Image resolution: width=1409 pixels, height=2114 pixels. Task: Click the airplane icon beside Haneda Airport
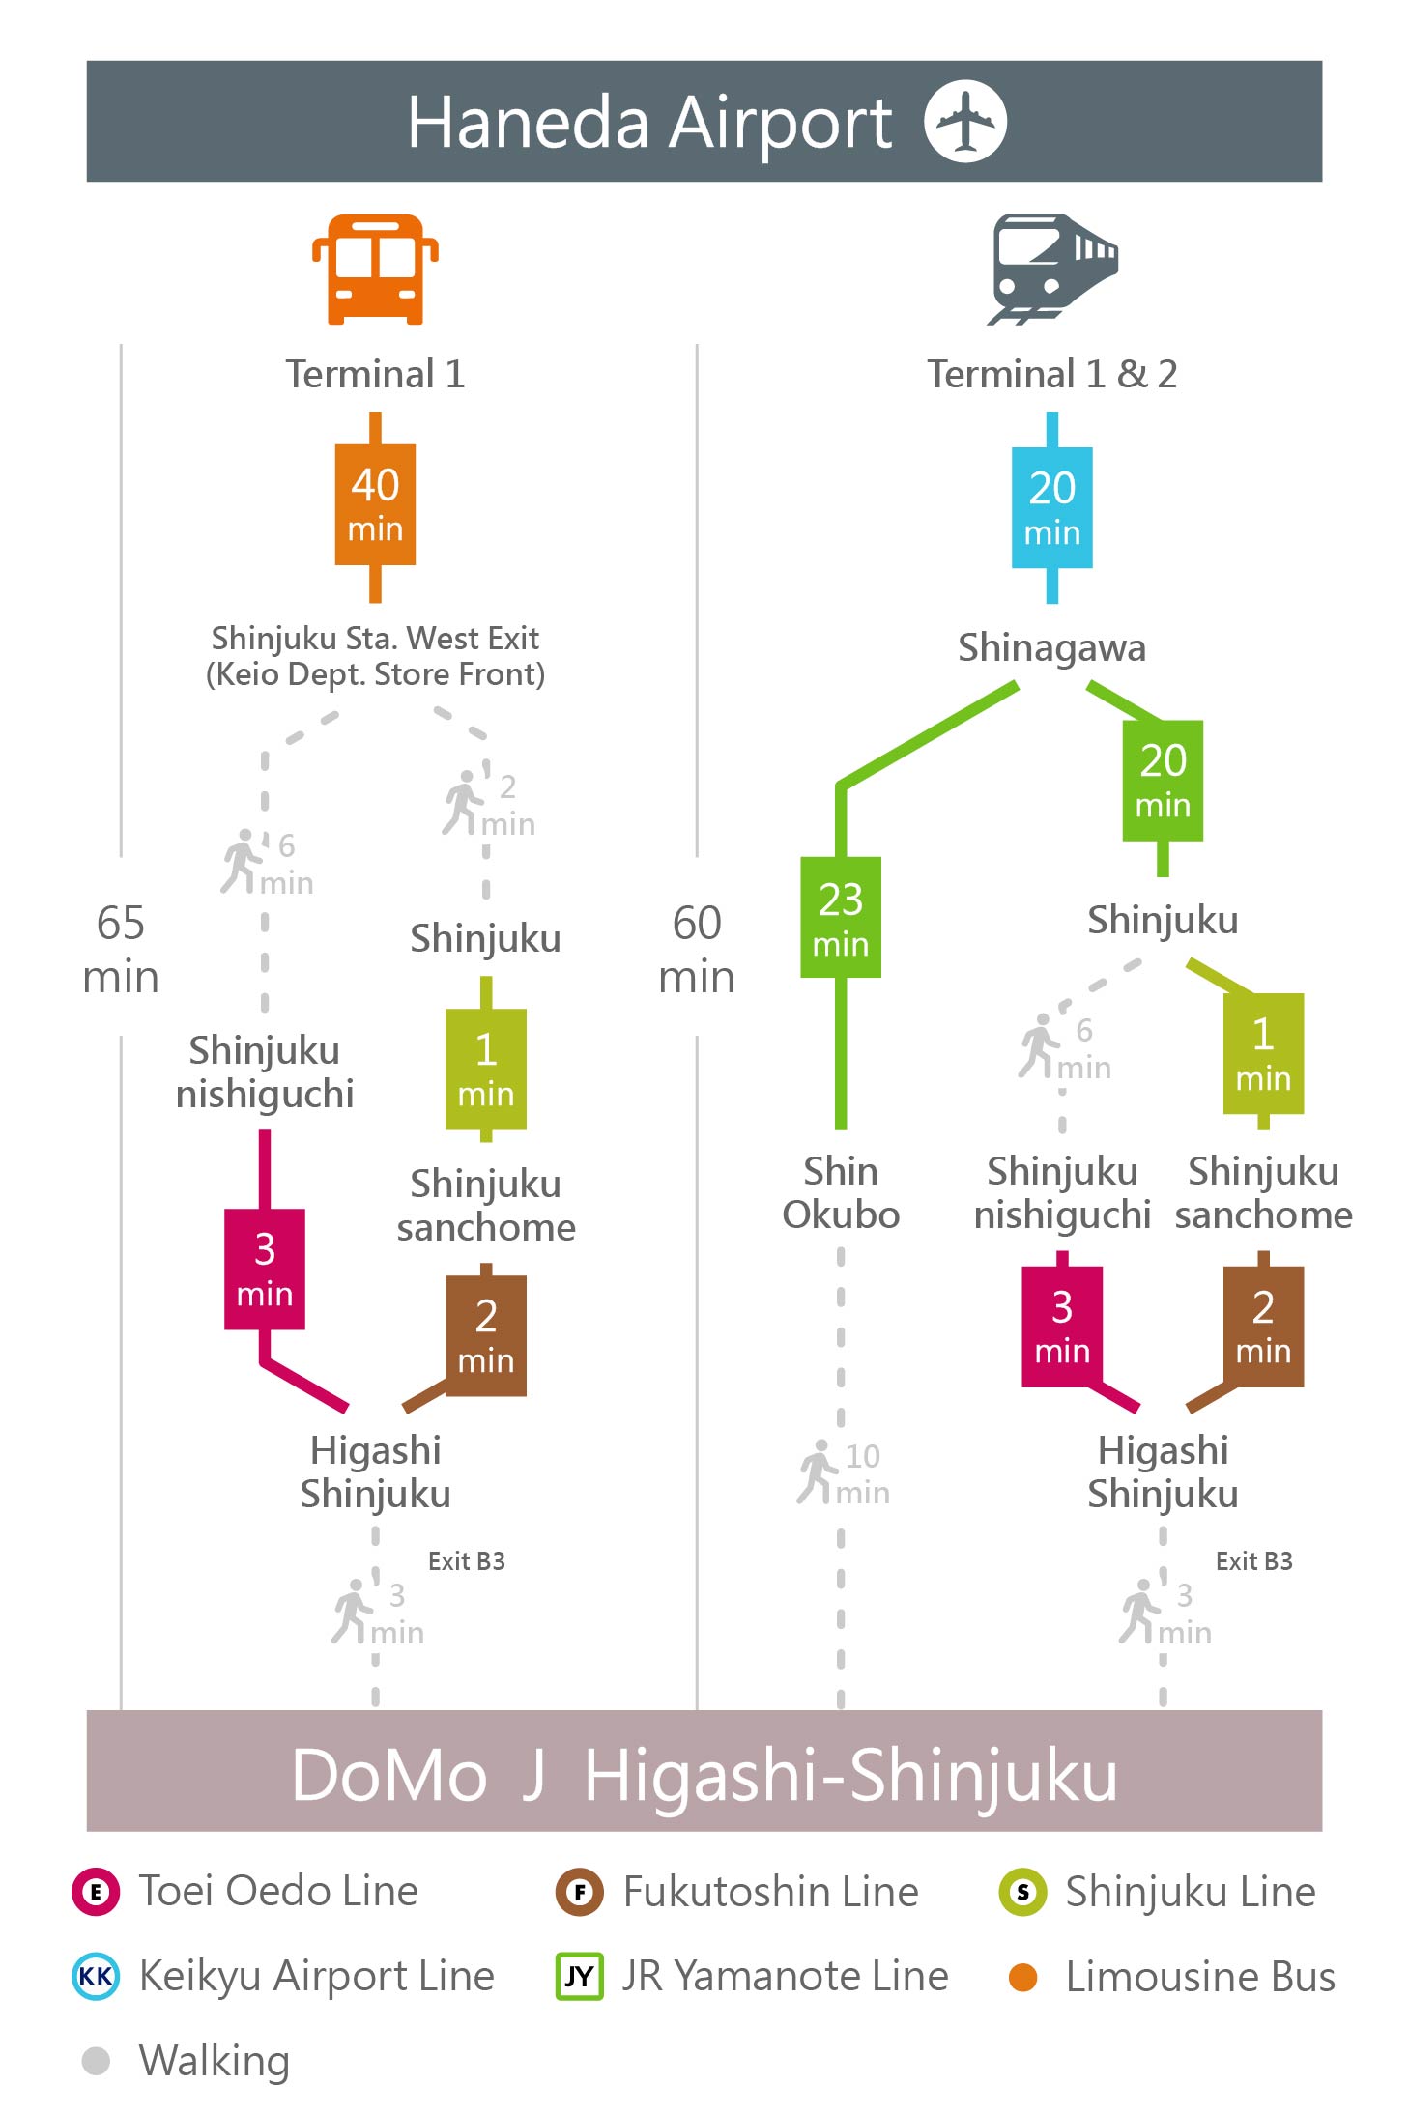coord(964,122)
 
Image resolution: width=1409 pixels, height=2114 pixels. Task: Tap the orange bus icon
coord(375,269)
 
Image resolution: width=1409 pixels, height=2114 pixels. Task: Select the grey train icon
coord(1052,269)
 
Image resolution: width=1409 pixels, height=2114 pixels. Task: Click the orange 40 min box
coord(375,504)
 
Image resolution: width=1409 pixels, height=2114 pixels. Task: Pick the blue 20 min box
coord(1051,507)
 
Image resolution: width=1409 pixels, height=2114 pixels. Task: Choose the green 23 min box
coord(841,917)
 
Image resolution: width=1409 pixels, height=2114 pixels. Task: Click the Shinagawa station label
coord(1051,648)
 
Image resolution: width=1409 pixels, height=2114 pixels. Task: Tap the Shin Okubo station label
coord(841,1192)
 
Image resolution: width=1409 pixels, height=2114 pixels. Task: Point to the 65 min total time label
coord(121,949)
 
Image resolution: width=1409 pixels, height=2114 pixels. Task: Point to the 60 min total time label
coord(697,949)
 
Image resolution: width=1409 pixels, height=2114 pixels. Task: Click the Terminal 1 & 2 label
coord(1052,374)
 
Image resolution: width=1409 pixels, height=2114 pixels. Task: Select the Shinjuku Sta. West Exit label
coord(375,656)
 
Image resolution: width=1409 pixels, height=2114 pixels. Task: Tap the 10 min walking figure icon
coord(817,1472)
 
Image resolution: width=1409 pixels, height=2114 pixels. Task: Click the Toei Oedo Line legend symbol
coord(96,1892)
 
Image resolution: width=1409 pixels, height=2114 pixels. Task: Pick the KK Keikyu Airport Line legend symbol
coord(96,1976)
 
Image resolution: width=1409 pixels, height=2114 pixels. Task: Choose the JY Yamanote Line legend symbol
coord(579,1976)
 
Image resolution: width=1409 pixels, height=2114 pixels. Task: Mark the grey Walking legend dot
coord(96,2061)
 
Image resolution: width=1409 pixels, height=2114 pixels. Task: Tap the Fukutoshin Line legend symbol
coord(579,1892)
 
